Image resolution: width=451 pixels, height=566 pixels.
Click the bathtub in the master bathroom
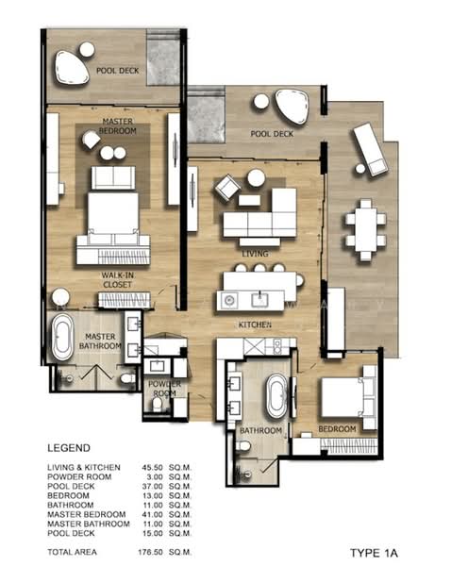62,338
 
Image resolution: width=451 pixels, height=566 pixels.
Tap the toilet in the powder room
158,404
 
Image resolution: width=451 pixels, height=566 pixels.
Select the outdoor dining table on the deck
365,229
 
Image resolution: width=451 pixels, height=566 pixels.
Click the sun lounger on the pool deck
371,149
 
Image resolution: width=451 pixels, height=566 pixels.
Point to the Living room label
255,254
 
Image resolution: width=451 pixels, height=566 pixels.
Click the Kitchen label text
255,325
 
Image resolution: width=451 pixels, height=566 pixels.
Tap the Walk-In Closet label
117,280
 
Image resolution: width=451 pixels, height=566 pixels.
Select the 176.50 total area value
150,552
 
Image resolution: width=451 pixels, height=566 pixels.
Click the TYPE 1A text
374,553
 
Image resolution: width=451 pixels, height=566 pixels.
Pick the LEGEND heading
69,448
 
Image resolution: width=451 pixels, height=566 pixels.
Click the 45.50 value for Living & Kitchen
152,468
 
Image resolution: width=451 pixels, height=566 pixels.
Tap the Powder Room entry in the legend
79,476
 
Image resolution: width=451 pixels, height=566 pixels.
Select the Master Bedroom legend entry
86,514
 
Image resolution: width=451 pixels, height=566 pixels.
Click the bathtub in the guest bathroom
277,396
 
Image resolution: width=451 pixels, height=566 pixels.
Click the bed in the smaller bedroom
348,397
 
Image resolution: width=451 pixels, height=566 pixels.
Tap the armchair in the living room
227,188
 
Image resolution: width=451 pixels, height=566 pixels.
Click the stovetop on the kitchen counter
277,346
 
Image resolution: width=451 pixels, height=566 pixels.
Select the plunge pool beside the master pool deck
163,58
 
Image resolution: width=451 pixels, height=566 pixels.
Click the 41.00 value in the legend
152,514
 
